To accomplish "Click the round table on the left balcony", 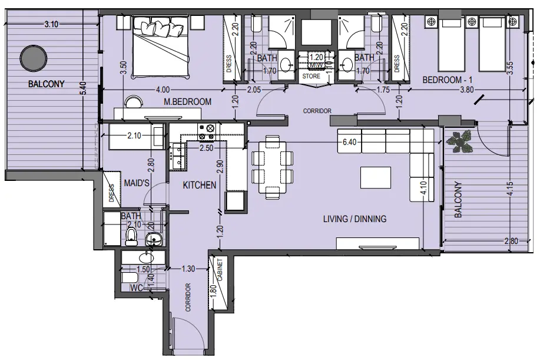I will (x=30, y=58).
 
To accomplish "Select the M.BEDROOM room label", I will (x=187, y=102).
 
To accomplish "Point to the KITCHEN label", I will (x=199, y=185).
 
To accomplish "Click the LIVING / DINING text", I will (x=355, y=219).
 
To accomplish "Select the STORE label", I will (x=311, y=77).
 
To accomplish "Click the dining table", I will (x=272, y=167).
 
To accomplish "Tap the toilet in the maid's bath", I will (x=131, y=237).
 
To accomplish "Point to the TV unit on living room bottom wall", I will (x=377, y=243).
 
